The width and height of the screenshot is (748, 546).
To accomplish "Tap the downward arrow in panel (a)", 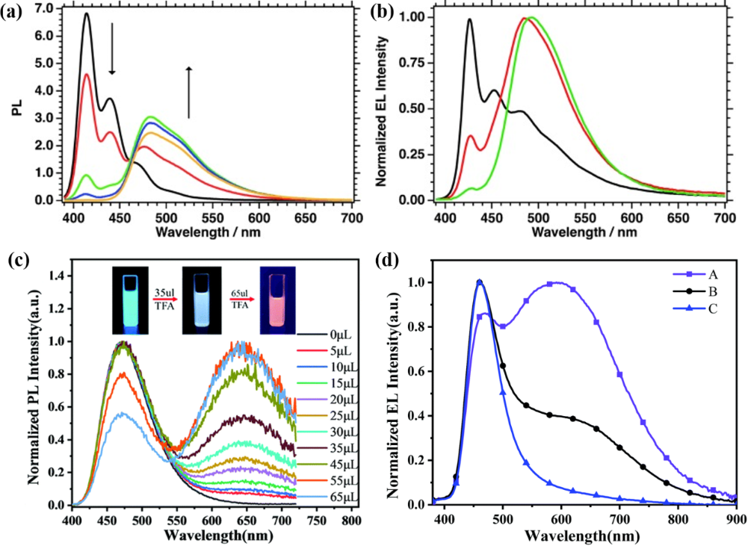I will pos(112,49).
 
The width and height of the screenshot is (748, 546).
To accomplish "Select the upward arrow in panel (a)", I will pos(188,92).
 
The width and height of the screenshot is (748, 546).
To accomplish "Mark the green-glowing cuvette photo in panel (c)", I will pos(131,303).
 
